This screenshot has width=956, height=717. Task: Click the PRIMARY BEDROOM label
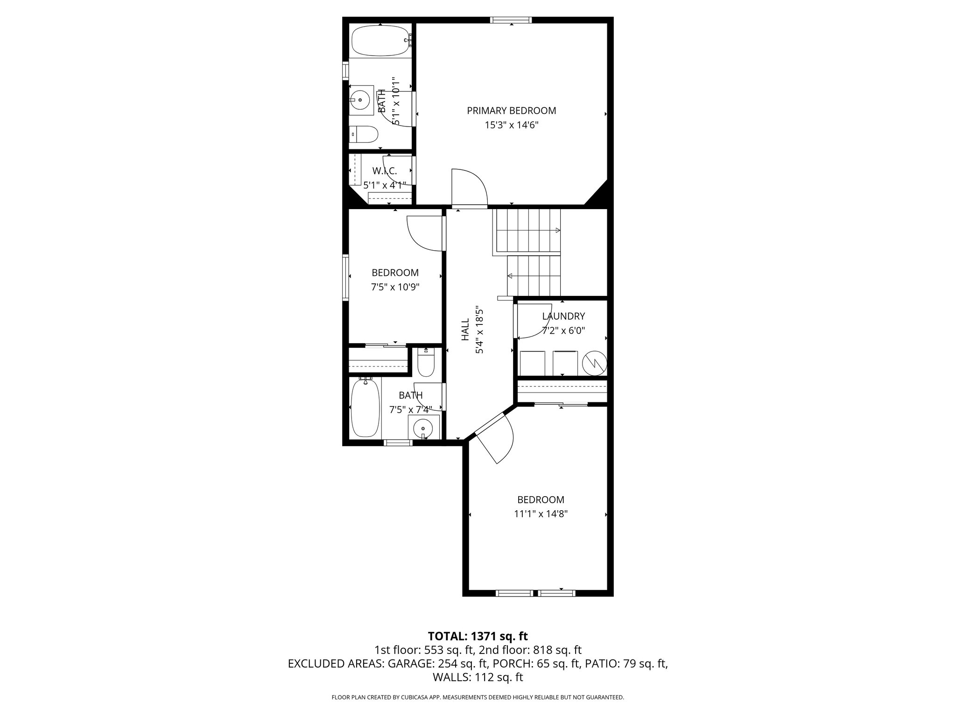coord(511,111)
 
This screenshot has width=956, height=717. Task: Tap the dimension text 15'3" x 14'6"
coord(511,125)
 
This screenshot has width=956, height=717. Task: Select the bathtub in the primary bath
coord(380,41)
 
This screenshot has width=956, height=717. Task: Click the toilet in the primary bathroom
coord(364,135)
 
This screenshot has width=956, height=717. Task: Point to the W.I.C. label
coord(385,171)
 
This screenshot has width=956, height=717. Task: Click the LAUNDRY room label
coord(563,316)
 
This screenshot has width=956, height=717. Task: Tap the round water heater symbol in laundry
coord(594,363)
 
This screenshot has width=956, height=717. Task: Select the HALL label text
coord(465,330)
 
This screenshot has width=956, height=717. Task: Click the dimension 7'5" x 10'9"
coord(395,287)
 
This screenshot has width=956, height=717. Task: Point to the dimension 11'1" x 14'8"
coord(541,514)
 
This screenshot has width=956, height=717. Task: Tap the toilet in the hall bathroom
coord(426,364)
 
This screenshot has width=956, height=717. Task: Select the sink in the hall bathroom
coord(423,428)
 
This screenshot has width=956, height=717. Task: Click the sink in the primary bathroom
coord(360,99)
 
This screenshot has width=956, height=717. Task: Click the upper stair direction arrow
coord(557,230)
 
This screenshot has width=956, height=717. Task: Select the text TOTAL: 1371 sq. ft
coord(478,636)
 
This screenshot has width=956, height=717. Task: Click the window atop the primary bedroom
coord(511,20)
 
